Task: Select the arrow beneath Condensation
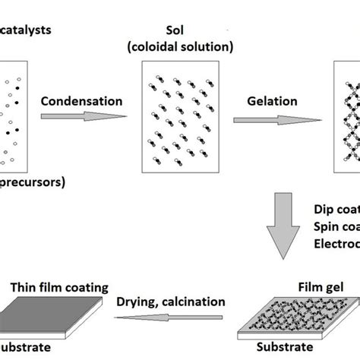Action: [x=83, y=117]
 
